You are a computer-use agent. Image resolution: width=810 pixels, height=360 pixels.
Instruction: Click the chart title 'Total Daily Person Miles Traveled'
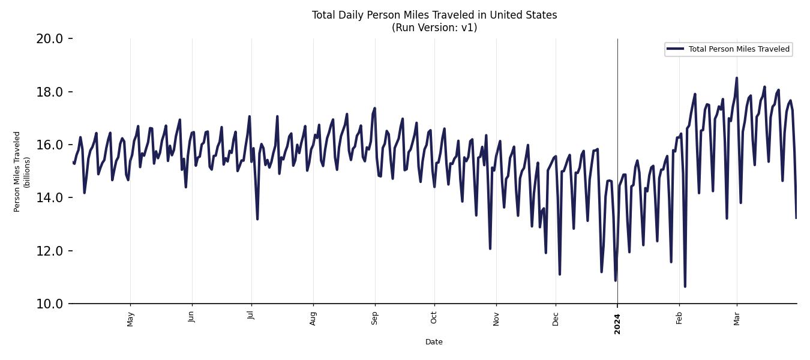(434, 15)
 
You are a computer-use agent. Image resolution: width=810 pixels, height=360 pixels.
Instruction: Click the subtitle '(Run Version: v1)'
(434, 28)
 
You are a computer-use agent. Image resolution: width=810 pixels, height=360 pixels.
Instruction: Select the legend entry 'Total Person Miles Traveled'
(739, 49)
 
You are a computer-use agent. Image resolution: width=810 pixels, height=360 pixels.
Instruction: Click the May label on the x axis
(131, 319)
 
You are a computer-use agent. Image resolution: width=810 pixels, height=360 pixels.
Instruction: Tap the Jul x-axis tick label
(251, 317)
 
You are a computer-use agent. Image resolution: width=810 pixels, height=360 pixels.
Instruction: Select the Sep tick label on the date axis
(375, 318)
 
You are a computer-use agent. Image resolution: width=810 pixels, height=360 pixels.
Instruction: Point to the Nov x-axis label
(496, 319)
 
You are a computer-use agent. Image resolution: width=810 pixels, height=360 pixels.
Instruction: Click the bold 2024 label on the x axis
(617, 323)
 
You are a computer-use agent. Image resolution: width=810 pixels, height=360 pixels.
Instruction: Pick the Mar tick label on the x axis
(737, 318)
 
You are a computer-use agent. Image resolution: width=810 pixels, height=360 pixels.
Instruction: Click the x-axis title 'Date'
(434, 342)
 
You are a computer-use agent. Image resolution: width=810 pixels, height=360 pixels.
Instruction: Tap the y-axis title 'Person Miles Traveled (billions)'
(21, 171)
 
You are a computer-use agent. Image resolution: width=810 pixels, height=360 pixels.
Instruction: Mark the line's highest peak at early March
(737, 78)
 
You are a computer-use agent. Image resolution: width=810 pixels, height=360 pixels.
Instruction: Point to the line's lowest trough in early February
(685, 286)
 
